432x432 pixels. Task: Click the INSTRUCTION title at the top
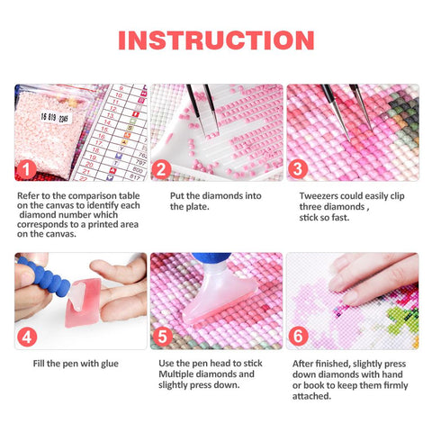[x=216, y=40]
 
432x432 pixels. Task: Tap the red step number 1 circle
[x=29, y=167]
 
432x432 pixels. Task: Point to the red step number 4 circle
[x=29, y=337]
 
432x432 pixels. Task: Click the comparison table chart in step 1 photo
[x=121, y=130]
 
